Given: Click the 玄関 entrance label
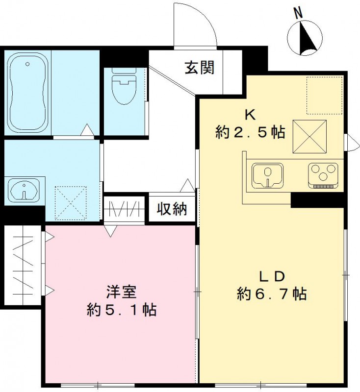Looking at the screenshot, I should coord(199,67).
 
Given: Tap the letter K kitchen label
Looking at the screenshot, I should coord(250,115).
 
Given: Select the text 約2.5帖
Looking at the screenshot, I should coord(250,132).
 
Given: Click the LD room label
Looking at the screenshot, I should coord(272,276).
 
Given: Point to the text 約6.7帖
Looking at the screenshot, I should coord(272,294).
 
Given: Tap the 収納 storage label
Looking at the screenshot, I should coord(172,209).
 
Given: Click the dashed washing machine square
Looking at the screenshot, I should coord(71,202).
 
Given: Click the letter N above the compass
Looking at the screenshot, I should coord(298,14).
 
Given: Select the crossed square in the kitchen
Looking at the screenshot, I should coord(310,136).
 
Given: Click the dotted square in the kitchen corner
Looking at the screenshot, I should coord(323,95).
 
